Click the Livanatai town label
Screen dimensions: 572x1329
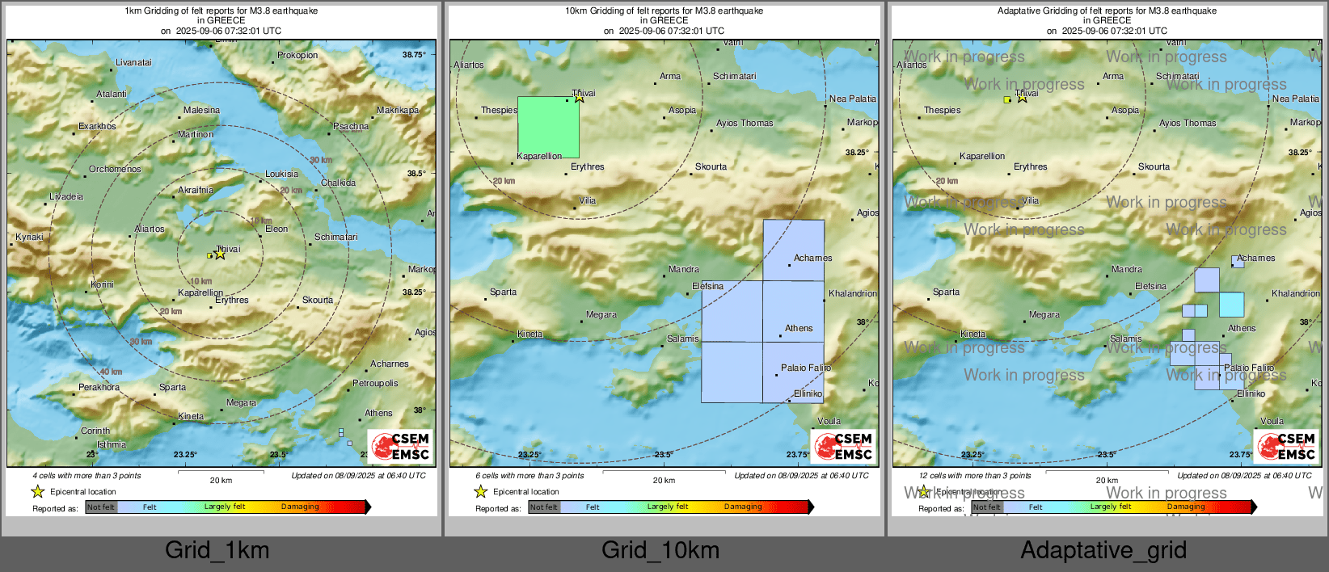[x=133, y=62]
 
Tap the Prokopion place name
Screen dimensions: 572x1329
[x=297, y=55]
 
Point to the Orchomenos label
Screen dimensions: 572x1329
[x=115, y=169]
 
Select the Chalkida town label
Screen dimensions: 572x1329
[x=338, y=183]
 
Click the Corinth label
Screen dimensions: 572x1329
[x=95, y=431]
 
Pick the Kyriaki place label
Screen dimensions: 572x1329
[x=30, y=237]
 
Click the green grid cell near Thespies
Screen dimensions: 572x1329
[x=548, y=127]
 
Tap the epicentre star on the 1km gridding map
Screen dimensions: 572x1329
[x=220, y=253]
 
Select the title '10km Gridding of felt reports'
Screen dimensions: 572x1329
[x=664, y=11]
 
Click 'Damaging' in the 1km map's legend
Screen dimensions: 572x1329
[x=300, y=507]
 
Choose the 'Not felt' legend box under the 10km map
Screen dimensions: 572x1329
[x=544, y=507]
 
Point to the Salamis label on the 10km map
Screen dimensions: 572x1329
[x=682, y=339]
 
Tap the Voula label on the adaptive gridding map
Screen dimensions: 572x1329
[x=1272, y=421]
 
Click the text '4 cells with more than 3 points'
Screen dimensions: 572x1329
[x=86, y=475]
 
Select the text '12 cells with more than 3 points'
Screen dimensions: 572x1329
[x=974, y=475]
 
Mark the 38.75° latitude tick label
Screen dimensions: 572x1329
[x=414, y=54]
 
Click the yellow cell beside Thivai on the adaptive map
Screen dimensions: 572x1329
[x=1007, y=99]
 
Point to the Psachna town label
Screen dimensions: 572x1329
[x=351, y=126]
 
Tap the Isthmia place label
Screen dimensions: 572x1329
[x=112, y=444]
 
